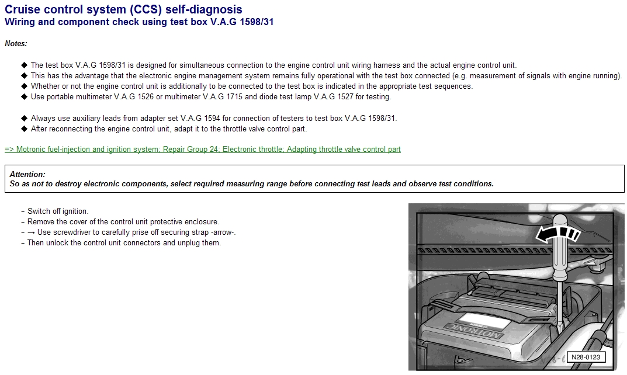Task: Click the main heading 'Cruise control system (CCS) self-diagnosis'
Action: click(x=123, y=9)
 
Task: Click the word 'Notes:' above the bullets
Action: click(x=16, y=44)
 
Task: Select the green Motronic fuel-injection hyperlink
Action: click(x=203, y=150)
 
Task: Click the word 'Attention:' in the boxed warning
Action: click(x=27, y=174)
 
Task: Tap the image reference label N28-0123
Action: click(x=586, y=357)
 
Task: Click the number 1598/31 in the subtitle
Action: click(x=257, y=22)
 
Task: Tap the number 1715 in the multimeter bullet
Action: click(x=234, y=97)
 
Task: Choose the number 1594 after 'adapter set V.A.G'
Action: click(x=212, y=119)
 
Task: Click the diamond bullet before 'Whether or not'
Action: click(x=24, y=86)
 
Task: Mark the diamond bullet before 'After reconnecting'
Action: click(x=24, y=129)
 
